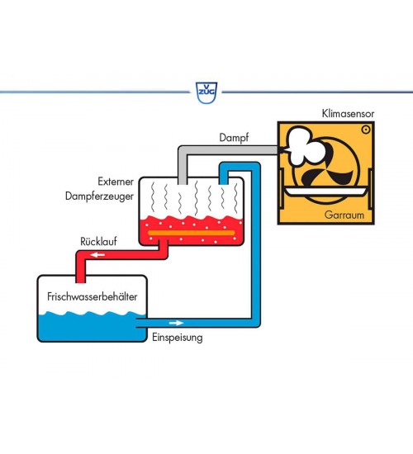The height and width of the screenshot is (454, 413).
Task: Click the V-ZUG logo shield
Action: (206, 92)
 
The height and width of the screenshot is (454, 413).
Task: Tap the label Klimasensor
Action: (348, 114)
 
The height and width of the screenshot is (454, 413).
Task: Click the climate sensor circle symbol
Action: (366, 130)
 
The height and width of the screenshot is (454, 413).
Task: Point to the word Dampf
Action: (234, 138)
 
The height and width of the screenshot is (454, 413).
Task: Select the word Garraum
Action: (344, 215)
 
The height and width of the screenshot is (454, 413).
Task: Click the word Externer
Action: (116, 182)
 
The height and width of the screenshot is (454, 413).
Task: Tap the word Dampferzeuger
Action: (99, 196)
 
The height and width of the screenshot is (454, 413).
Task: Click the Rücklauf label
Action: (98, 242)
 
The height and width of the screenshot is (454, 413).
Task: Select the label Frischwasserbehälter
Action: (93, 296)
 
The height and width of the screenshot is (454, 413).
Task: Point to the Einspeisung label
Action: (178, 338)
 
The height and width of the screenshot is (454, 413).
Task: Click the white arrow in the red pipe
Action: (97, 255)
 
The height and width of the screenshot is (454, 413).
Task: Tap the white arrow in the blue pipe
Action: (177, 323)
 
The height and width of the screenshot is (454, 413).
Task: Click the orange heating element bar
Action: (192, 233)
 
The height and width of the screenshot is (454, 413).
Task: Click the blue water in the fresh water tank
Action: (92, 327)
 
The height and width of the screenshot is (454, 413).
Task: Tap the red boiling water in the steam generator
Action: (192, 230)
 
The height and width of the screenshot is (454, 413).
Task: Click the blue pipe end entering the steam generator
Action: (223, 182)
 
